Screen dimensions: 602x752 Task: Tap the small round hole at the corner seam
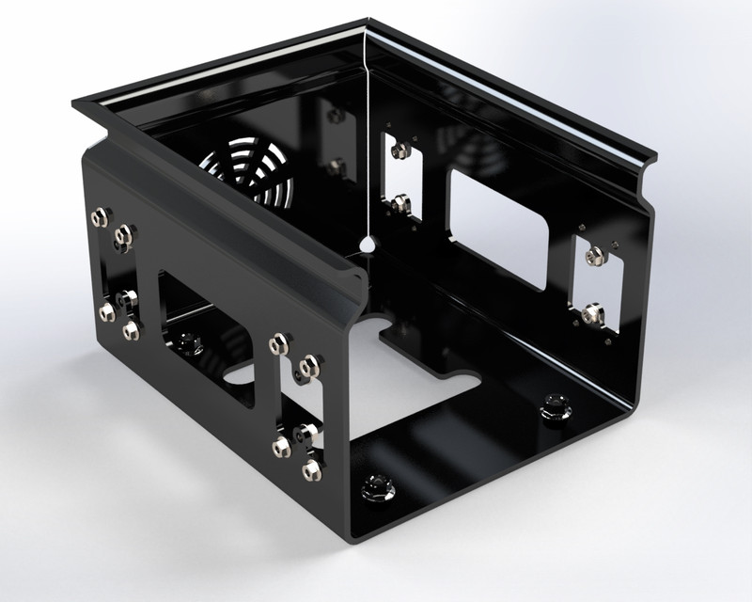pos(368,243)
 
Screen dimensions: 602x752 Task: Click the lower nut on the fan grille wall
pos(336,166)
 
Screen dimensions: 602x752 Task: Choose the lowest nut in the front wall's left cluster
pos(131,328)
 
